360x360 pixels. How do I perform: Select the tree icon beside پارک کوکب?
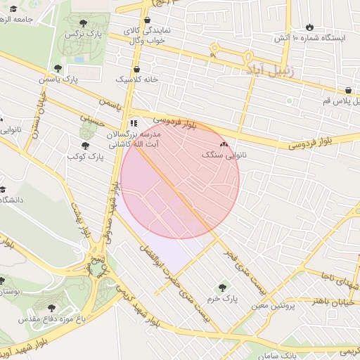tap(85, 146)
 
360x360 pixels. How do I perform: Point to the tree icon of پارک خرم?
tap(224, 286)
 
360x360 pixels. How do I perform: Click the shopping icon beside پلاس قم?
tap(349, 90)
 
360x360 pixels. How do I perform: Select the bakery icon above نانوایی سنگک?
tap(224, 143)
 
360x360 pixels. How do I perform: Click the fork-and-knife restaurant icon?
tap(134, 122)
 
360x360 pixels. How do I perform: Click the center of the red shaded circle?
tap(180, 179)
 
